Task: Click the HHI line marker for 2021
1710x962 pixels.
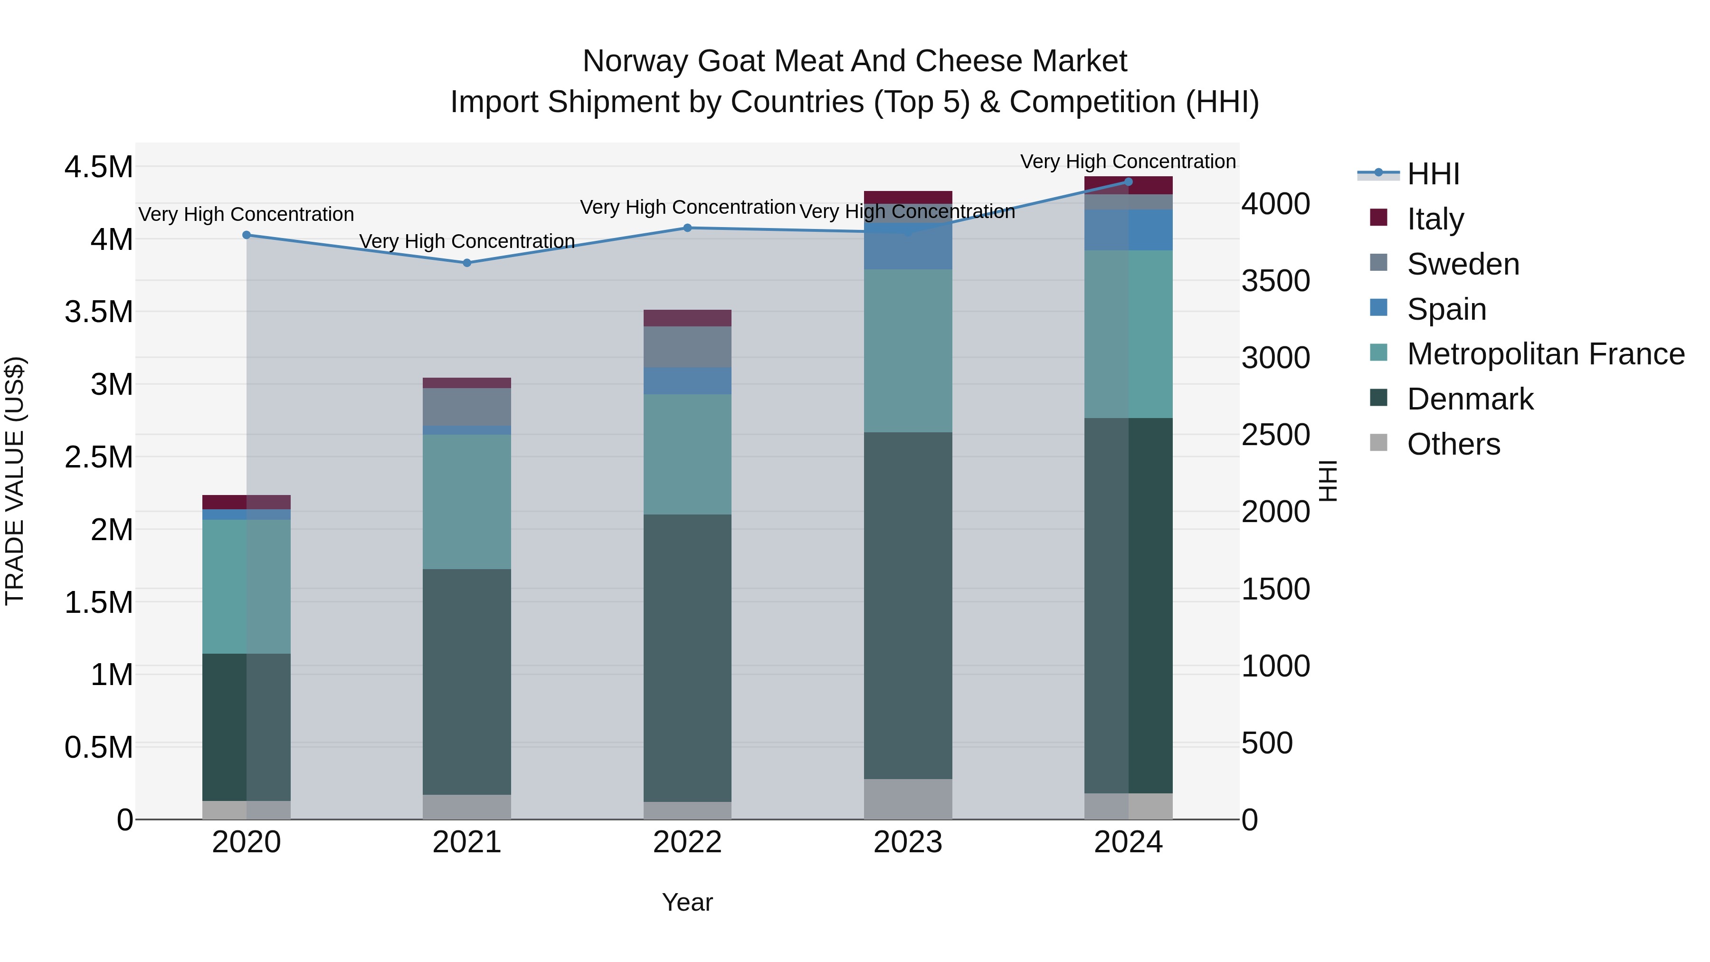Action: click(x=466, y=263)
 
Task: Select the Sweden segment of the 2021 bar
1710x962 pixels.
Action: click(x=466, y=406)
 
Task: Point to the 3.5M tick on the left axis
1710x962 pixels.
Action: click(x=98, y=312)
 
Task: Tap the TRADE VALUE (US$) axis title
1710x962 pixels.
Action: click(x=15, y=481)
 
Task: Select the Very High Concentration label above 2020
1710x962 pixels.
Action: click(x=246, y=214)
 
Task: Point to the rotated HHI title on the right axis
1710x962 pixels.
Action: click(x=1328, y=481)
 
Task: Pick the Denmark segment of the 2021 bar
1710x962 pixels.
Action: click(x=466, y=681)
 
